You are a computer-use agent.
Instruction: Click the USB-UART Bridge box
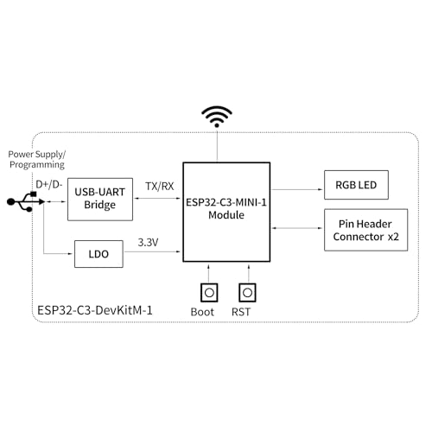[x=103, y=197]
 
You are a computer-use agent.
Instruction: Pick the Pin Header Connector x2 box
[x=365, y=230]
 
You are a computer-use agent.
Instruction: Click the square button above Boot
[x=208, y=292]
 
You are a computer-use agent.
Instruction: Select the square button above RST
[x=248, y=292]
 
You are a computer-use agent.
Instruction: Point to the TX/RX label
[x=160, y=185]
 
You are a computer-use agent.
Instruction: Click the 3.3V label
[x=149, y=243]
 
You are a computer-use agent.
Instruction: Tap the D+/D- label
[x=48, y=184]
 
